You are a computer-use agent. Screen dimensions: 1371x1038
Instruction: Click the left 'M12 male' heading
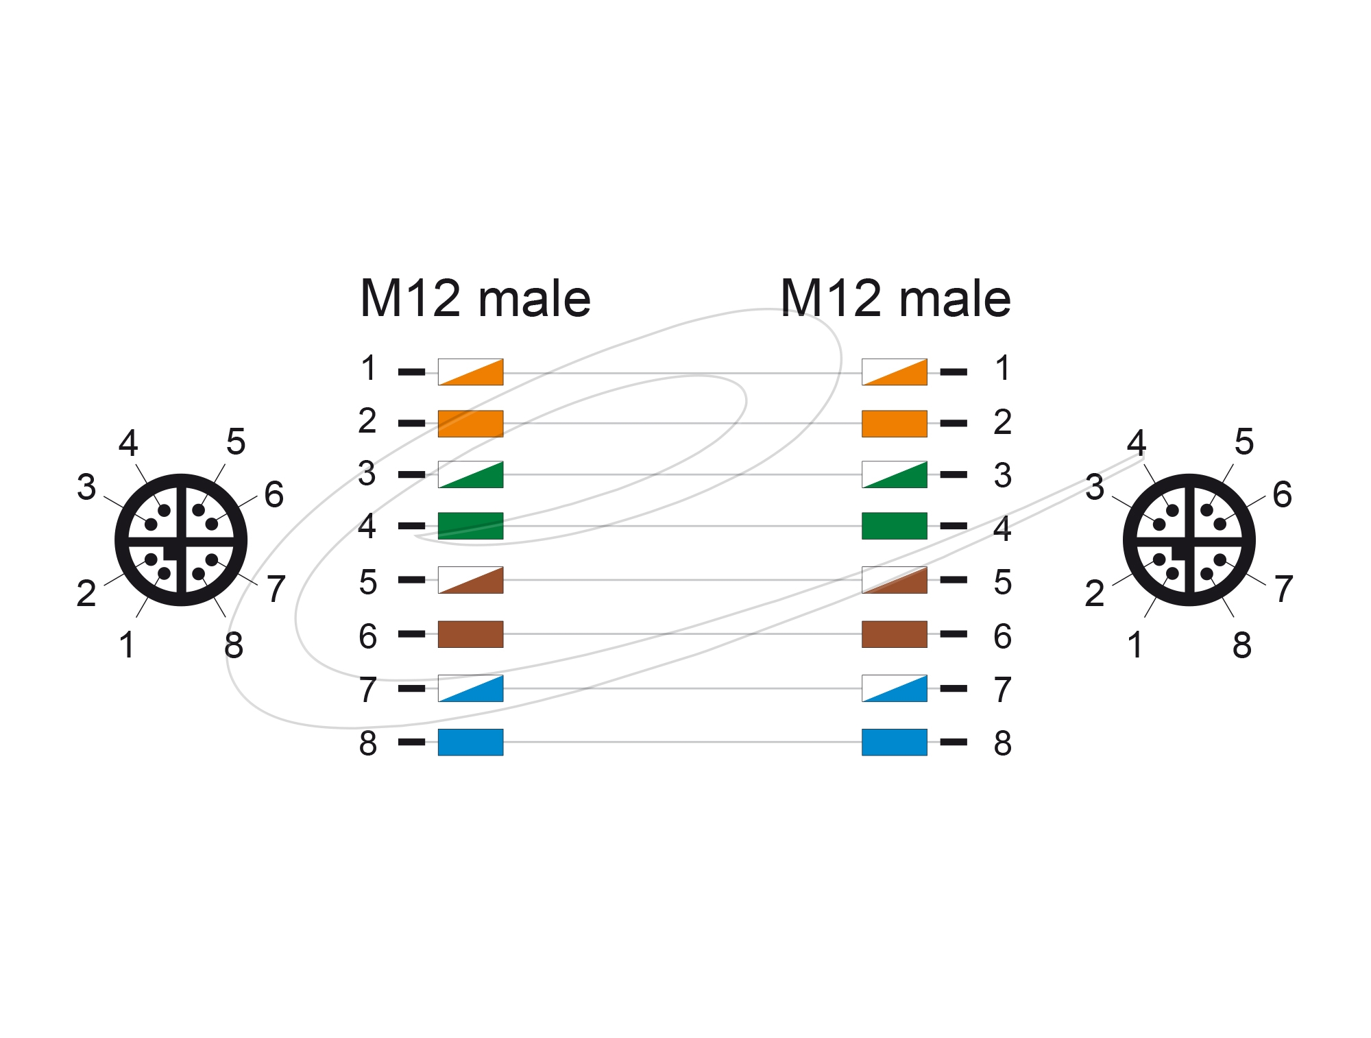[x=475, y=298]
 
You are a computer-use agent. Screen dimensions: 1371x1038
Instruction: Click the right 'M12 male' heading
[x=895, y=298]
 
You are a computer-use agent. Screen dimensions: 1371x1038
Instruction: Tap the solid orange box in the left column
[x=470, y=424]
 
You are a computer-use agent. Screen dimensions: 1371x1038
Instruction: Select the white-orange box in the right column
[x=895, y=372]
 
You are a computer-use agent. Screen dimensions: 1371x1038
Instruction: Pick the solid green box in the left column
[x=470, y=526]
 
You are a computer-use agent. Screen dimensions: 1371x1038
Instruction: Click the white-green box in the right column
[x=895, y=474]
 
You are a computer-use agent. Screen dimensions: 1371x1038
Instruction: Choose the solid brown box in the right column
[x=895, y=634]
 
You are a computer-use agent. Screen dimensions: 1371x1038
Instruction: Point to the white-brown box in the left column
[x=470, y=580]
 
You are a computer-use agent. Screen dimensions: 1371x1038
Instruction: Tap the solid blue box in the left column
[x=470, y=742]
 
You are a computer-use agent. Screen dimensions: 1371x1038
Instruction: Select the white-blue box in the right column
[x=895, y=688]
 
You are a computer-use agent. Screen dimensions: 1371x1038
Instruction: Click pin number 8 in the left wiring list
[x=368, y=743]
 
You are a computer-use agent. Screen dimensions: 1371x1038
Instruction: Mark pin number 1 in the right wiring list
[x=1003, y=368]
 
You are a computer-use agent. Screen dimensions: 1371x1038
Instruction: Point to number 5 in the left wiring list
[x=368, y=582]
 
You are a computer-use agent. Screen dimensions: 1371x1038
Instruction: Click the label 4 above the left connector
[x=128, y=443]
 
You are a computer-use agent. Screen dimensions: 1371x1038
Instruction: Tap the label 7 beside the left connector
[x=276, y=589]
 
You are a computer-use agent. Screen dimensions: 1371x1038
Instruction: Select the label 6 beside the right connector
[x=1283, y=494]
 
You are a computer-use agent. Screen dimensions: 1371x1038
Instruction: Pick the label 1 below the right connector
[x=1135, y=645]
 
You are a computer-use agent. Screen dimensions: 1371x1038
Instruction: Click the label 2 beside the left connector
[x=86, y=594]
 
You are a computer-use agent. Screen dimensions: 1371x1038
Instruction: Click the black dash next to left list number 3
[x=411, y=474]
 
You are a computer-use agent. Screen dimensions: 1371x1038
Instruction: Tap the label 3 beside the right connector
[x=1095, y=487]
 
